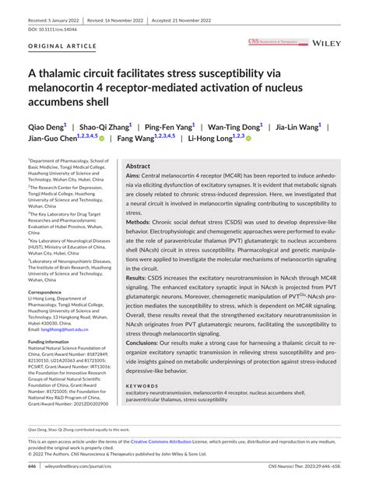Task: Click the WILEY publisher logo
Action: [x=327, y=44]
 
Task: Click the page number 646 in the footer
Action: [x=32, y=466]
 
